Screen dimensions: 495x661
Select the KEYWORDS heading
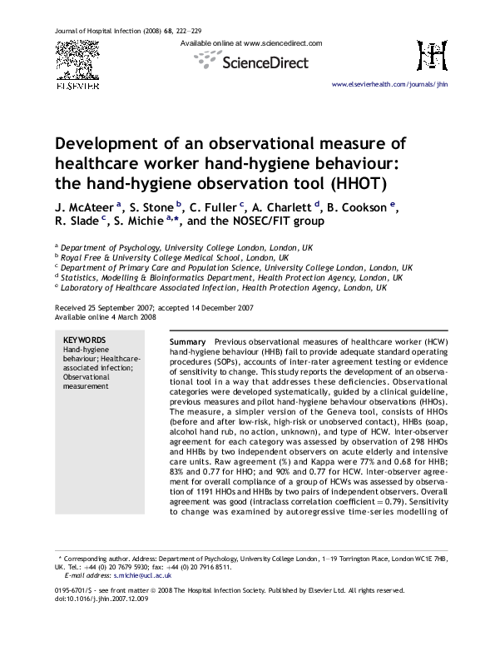point(85,340)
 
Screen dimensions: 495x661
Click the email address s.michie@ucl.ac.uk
point(119,574)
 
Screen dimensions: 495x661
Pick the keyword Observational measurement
point(86,380)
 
